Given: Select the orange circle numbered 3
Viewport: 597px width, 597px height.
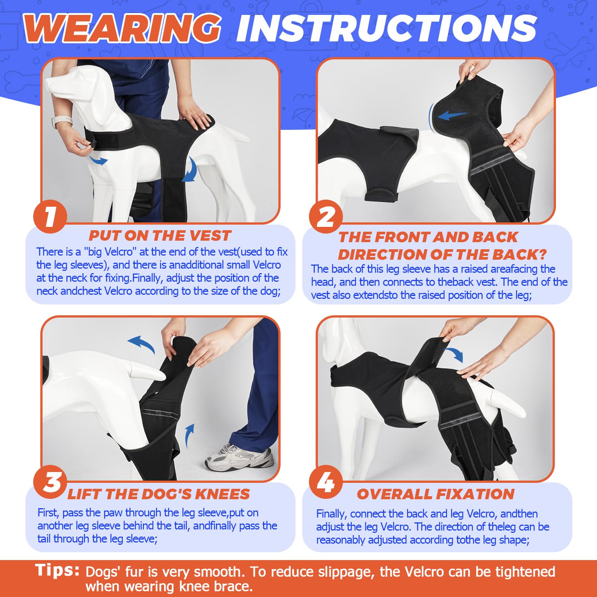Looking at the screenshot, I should point(50,481).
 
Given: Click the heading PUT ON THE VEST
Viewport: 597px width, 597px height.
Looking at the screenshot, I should point(160,236).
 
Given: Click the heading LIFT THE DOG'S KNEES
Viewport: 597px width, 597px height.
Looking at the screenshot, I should point(158,494).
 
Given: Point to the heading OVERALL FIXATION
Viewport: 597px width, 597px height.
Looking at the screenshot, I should point(435,494).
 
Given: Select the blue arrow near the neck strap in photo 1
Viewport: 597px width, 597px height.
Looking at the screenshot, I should point(98,160).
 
